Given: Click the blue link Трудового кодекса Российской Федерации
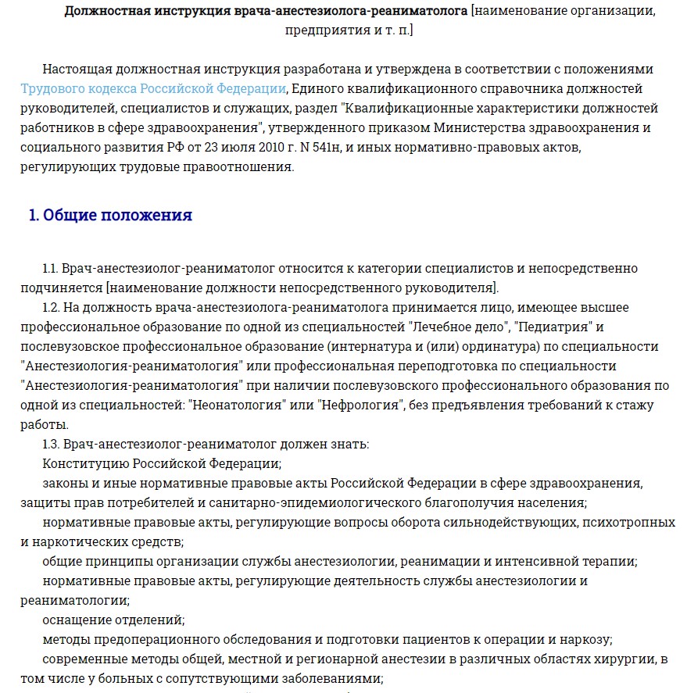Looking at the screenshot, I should [153, 88].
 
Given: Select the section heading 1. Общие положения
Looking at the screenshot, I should [110, 216].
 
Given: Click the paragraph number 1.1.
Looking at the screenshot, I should [52, 269].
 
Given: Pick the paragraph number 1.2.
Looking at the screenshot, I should [52, 307].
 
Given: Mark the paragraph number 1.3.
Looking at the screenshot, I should [52, 444].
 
